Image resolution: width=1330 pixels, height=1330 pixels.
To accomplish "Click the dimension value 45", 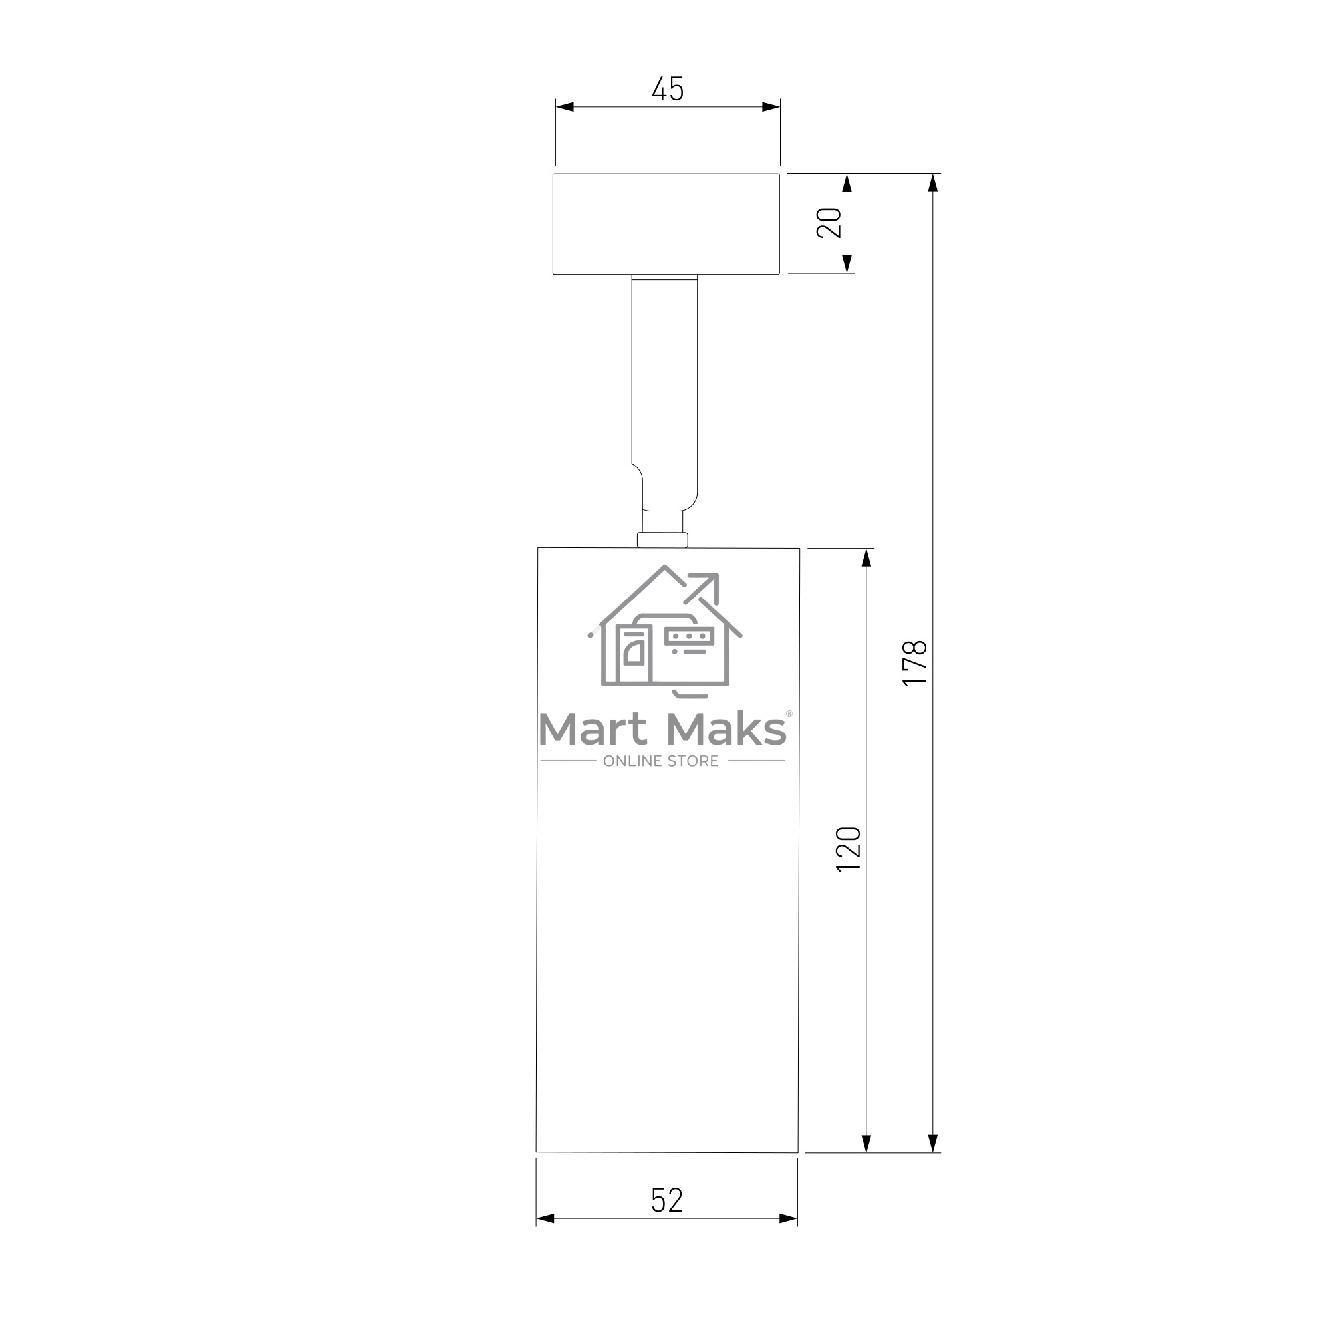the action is tap(668, 89).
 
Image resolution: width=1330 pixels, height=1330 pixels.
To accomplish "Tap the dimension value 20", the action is tap(829, 223).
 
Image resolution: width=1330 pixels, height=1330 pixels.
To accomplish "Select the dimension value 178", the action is tap(915, 663).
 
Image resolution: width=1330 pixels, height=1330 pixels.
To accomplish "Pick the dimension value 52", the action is tap(667, 1200).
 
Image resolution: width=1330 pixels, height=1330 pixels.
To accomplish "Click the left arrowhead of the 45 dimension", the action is tap(565, 106).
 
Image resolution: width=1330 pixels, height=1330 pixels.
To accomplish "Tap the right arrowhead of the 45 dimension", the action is tap(771, 106).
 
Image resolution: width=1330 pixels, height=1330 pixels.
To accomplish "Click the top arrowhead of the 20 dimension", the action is tap(847, 182).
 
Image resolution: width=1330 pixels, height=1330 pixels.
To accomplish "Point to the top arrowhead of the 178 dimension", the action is tap(933, 182).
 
